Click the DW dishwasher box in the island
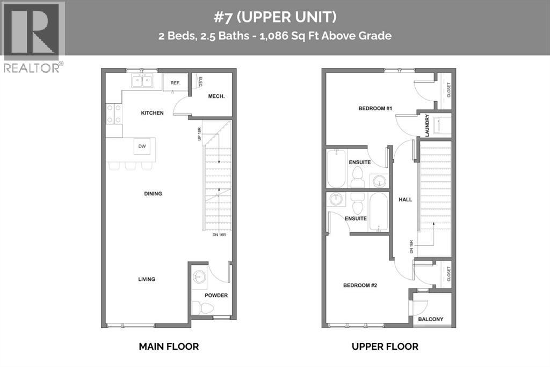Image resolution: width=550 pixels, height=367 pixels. (x=142, y=146)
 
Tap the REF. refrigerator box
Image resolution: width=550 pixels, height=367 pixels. (x=175, y=82)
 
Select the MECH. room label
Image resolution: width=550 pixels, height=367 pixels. (x=217, y=96)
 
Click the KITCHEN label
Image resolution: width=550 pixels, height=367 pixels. (x=152, y=113)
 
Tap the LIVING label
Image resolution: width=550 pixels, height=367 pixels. (x=146, y=279)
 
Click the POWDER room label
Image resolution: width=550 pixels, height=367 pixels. (x=216, y=295)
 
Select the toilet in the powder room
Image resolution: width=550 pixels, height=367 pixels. (x=202, y=308)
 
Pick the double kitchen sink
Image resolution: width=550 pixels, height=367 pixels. (x=143, y=81)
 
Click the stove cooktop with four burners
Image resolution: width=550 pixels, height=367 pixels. (x=113, y=114)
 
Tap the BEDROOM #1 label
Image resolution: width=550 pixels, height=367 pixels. (x=375, y=109)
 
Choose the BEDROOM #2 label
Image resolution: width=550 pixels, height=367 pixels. (x=360, y=285)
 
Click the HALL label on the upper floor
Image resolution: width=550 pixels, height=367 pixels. (x=405, y=200)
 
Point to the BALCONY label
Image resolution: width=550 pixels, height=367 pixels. (x=431, y=319)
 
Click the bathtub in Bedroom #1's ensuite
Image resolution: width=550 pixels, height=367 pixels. (x=336, y=168)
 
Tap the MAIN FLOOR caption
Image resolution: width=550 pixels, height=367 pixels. (x=169, y=347)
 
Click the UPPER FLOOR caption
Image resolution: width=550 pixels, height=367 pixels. (x=385, y=347)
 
